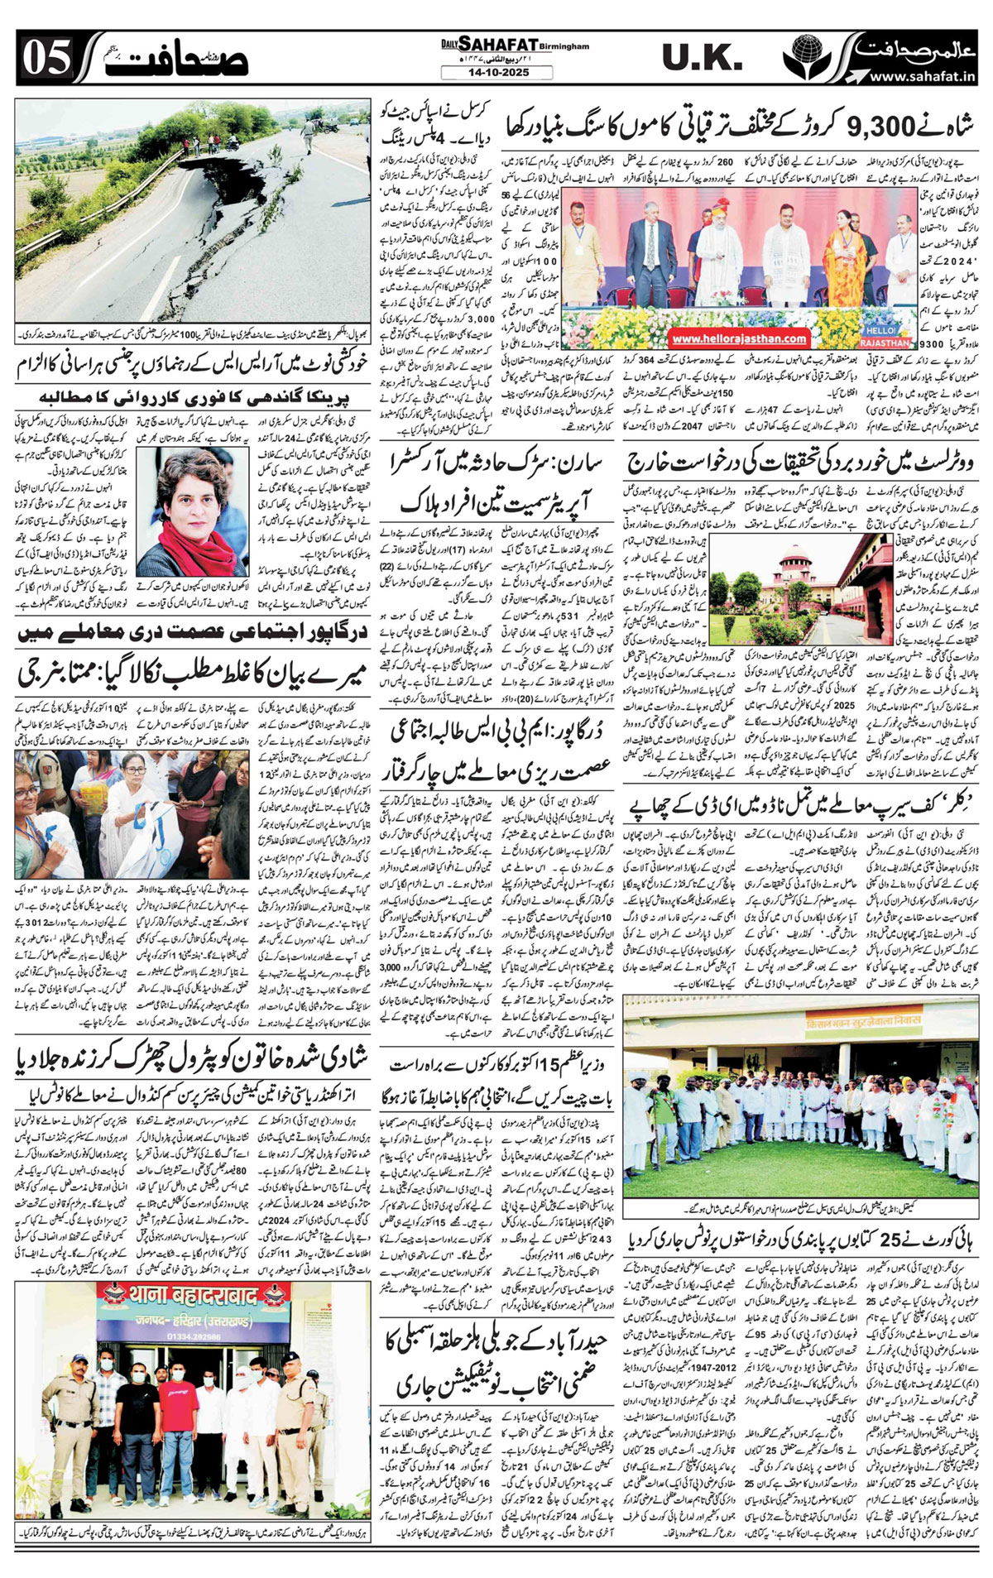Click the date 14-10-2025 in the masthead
click(496, 73)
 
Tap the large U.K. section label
click(703, 58)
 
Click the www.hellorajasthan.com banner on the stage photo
click(740, 338)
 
